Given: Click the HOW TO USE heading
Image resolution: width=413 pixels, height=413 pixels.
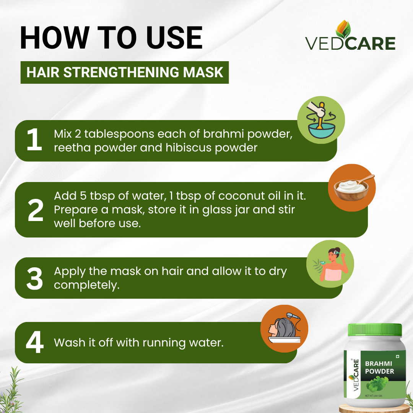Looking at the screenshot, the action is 111,37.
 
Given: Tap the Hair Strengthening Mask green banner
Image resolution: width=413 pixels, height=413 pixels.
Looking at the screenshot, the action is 125,72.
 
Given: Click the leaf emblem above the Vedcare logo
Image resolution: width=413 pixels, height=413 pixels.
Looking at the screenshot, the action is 343,29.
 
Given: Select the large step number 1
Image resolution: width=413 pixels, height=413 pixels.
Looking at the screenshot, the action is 34,140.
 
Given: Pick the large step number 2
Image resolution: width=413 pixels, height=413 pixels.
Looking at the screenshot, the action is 35,210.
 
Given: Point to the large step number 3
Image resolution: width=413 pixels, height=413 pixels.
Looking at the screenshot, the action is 34,278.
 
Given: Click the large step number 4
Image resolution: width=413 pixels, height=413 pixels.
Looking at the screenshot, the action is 34,342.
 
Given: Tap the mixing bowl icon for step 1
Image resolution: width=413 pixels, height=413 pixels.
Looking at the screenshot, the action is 321,120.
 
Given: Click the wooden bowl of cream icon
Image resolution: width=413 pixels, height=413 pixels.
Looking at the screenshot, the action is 352,187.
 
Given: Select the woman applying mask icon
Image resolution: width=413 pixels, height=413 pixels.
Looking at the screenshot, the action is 330,263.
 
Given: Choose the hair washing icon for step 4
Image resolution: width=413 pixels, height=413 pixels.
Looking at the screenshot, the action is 284,328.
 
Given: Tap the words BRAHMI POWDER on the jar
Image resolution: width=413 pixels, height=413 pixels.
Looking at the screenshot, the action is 380,367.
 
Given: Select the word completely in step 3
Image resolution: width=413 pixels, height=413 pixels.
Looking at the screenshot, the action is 87,285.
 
